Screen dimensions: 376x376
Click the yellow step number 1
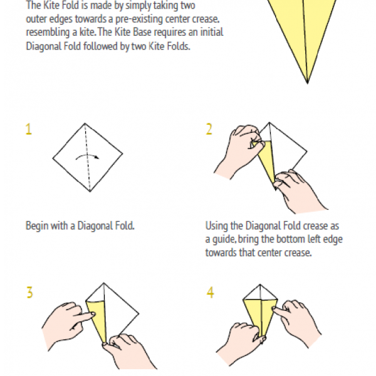tap(29, 129)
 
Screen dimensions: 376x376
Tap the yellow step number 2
tap(209, 129)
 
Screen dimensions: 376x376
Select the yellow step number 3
tap(29, 293)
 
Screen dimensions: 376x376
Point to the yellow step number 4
tap(211, 293)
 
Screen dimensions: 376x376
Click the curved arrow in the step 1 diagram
tap(87, 155)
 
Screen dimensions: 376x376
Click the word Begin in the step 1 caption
tap(37, 226)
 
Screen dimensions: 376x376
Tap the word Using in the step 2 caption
tap(217, 226)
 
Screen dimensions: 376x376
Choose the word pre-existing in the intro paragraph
tap(139, 19)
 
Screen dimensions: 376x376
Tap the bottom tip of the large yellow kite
tap(308, 83)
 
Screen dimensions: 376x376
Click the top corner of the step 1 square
tap(85, 123)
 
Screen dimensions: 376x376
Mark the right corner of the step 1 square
tap(123, 154)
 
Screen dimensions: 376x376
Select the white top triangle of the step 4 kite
tap(260, 293)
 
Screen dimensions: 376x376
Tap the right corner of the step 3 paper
tap(139, 313)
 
